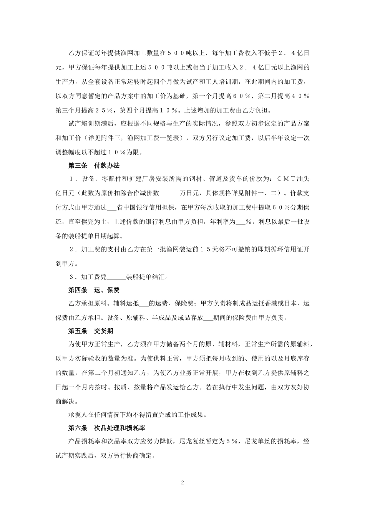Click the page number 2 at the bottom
coord(182,483)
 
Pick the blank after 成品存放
coord(207,318)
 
